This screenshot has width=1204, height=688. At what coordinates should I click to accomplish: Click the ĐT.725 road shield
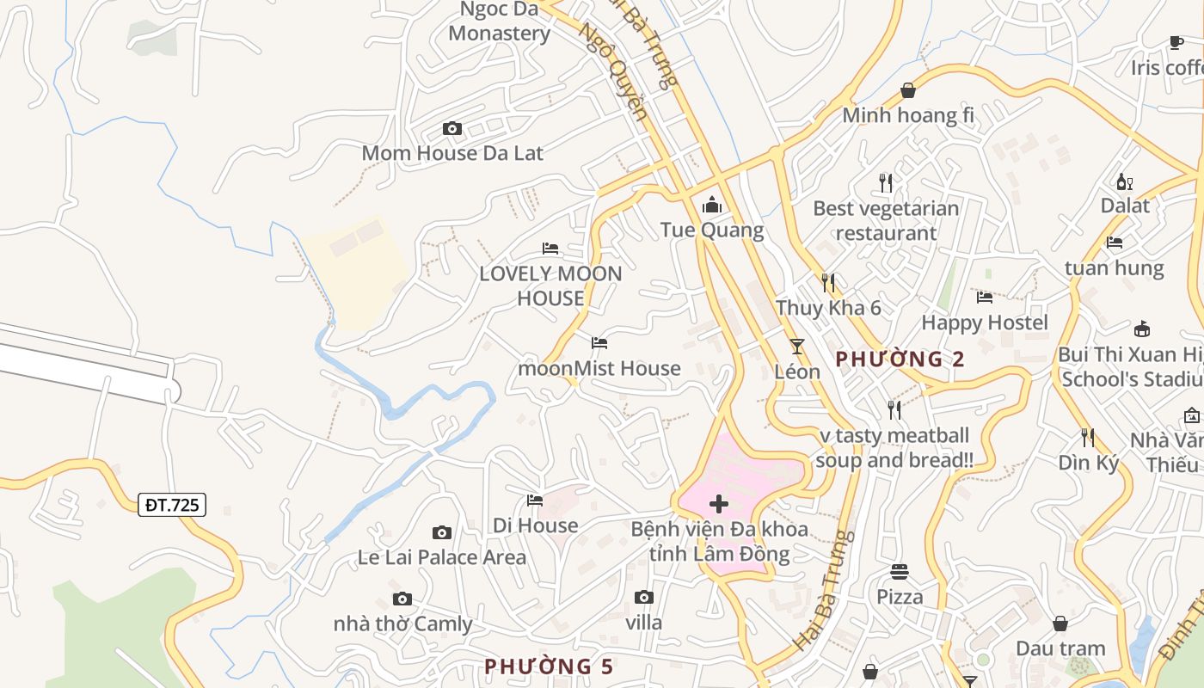coord(172,505)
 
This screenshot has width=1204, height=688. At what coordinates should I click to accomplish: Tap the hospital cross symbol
coord(719,504)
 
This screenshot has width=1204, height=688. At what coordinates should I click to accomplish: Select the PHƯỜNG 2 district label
coord(900,359)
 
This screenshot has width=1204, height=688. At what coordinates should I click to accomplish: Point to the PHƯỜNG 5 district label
coord(549,666)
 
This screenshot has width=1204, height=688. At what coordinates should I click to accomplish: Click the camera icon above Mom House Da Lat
coord(451,129)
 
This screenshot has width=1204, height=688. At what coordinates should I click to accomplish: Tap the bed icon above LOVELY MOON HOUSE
coord(550,249)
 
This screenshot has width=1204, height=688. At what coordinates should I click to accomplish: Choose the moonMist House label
coord(599,368)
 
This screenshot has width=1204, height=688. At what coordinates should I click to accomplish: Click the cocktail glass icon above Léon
coord(797,346)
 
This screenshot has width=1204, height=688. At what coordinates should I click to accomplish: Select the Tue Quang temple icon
coord(712,206)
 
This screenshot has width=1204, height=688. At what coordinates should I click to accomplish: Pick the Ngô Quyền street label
coord(612,71)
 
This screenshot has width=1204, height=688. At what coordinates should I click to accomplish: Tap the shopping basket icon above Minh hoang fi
coord(908,90)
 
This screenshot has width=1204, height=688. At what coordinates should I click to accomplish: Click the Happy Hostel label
coord(985,322)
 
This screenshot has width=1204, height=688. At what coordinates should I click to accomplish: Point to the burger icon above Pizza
coord(900,572)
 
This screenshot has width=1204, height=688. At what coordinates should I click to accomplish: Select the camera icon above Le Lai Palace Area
coord(441,533)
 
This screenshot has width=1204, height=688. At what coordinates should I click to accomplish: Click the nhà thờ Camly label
coord(402,623)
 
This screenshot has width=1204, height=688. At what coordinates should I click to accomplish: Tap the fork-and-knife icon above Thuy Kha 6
coord(828,282)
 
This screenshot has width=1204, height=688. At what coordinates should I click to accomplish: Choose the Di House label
coord(535,525)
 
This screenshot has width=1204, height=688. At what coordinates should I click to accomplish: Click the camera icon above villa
coord(643,598)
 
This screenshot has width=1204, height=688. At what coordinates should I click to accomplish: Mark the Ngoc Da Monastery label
coord(499,21)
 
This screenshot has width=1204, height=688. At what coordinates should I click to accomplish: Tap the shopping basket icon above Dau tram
coord(1060,623)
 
